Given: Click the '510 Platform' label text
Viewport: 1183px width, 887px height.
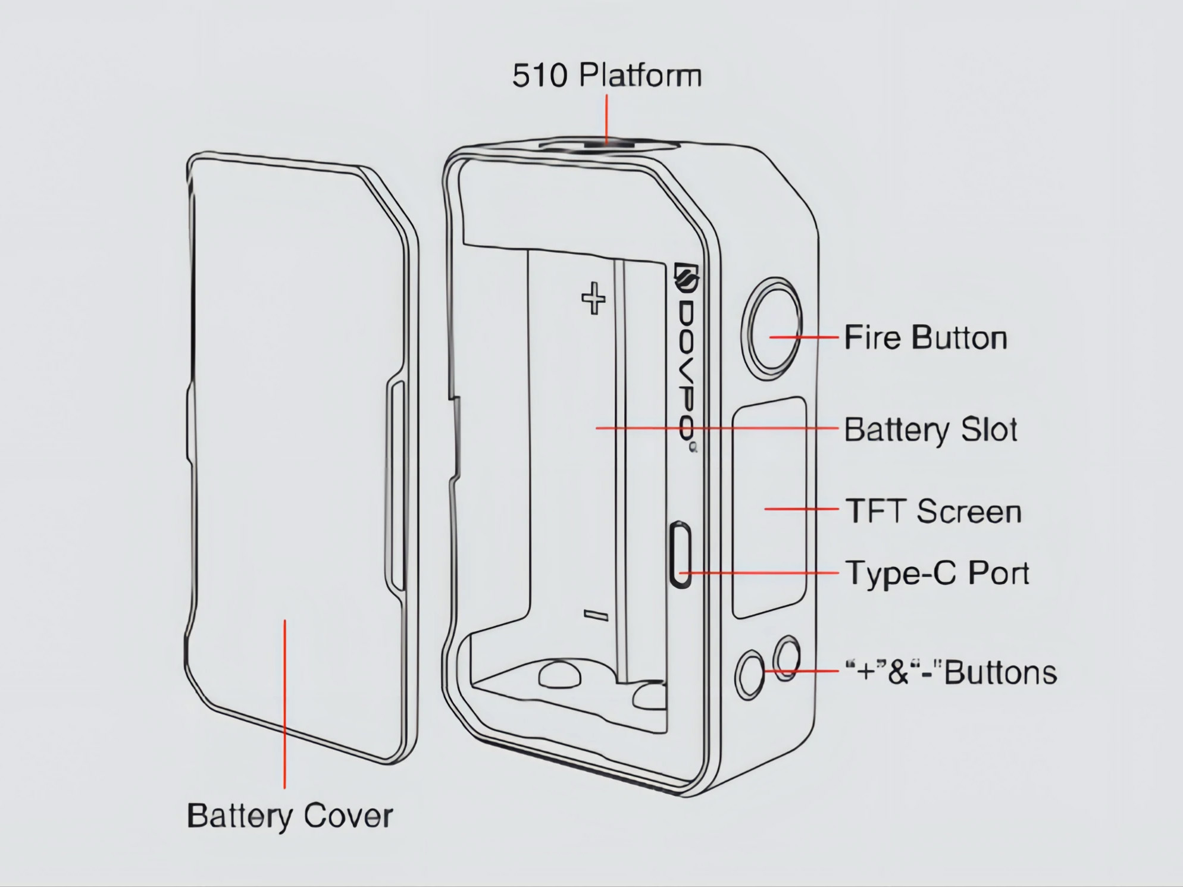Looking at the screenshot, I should (606, 76).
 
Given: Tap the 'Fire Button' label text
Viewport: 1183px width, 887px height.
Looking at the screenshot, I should (925, 338).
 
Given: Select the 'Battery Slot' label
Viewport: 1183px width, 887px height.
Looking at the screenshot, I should (930, 430).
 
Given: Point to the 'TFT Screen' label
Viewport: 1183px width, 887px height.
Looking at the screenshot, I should (933, 512).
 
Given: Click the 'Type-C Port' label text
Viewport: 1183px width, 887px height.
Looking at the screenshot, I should (937, 573).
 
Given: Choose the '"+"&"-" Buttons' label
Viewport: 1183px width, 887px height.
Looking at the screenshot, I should (951, 673).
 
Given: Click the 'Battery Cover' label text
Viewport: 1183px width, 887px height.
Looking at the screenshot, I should (290, 816).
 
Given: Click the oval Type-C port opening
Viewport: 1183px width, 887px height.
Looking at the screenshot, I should (680, 554).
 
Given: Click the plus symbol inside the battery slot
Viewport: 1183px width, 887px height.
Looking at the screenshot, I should (593, 298).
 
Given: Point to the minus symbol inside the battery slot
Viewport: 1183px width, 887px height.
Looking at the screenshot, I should (596, 615).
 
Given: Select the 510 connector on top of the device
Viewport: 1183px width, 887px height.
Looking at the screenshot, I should (607, 144).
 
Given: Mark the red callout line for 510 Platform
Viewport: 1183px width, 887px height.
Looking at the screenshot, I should (606, 119).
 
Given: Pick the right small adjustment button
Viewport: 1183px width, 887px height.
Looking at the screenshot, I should (786, 657).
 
